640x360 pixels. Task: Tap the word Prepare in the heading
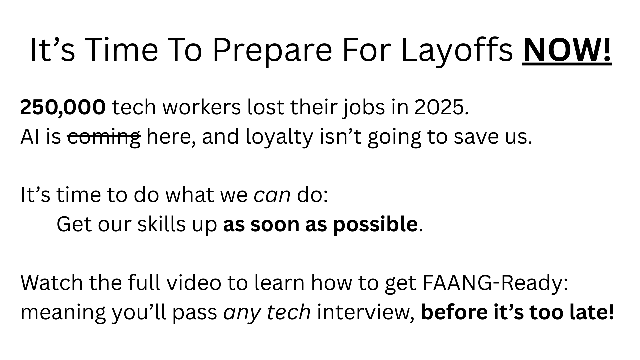click(x=272, y=51)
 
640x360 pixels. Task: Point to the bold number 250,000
click(x=63, y=108)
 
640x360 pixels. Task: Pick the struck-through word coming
click(x=104, y=137)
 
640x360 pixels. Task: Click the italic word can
click(x=272, y=195)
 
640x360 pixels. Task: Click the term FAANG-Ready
click(x=495, y=283)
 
